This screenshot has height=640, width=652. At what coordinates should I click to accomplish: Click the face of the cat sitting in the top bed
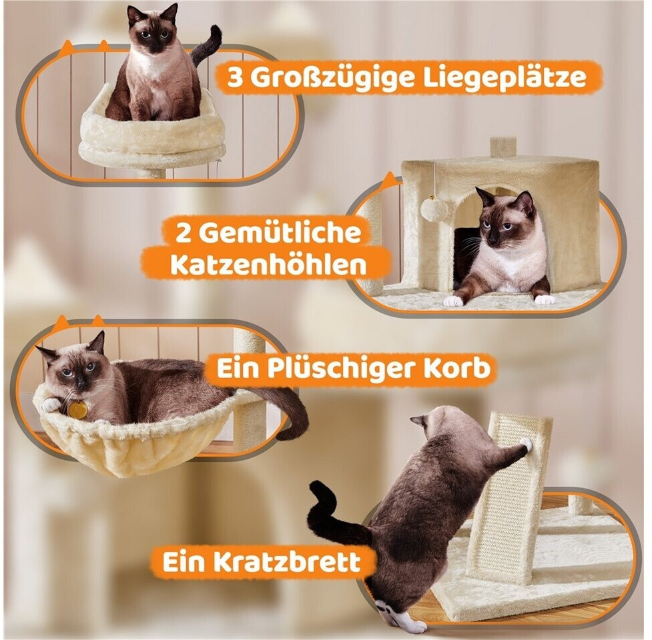[152, 34]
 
